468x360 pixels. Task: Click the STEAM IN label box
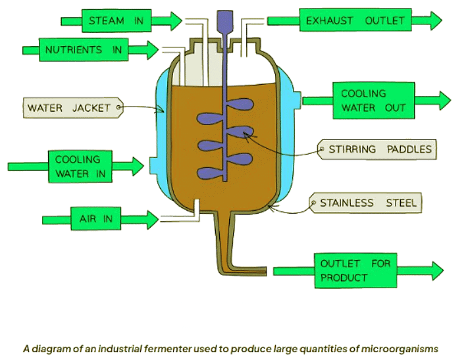[116, 20]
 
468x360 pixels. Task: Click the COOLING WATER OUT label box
[373, 101]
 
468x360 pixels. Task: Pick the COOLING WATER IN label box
[78, 167]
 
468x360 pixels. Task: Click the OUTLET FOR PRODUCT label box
[355, 270]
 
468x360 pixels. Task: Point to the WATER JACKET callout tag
[72, 107]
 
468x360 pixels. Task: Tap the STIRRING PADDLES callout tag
[377, 149]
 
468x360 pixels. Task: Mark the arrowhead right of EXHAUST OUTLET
[434, 20]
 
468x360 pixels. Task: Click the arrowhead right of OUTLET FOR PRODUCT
[434, 270]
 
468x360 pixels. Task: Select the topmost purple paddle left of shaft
[210, 118]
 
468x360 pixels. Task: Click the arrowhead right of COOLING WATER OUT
[442, 101]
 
